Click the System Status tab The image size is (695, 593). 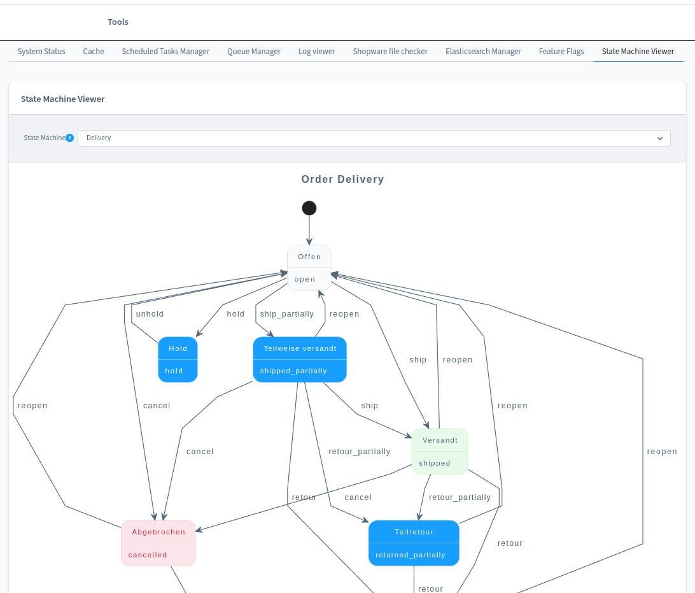tap(41, 52)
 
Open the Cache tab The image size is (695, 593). tap(94, 52)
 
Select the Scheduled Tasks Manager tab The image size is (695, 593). tap(165, 52)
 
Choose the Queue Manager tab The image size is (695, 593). tap(254, 52)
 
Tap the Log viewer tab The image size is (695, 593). tap(317, 52)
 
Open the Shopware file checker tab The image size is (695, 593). tap(390, 52)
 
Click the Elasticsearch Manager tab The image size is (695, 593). tap(483, 52)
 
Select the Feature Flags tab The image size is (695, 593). tap(561, 52)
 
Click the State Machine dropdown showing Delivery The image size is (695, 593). tap(374, 138)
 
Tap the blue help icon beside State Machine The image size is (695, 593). tap(70, 138)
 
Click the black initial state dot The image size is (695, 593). tap(309, 208)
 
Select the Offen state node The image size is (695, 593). tap(309, 268)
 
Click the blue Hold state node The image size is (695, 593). tap(178, 359)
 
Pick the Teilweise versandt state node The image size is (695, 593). tap(300, 359)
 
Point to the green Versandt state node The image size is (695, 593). tap(440, 451)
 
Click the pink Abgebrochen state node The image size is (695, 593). tap(158, 543)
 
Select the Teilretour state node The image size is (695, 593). tap(414, 543)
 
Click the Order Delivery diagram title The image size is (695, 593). tap(342, 180)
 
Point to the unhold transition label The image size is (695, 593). tap(150, 314)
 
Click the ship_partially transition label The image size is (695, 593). tap(287, 314)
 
